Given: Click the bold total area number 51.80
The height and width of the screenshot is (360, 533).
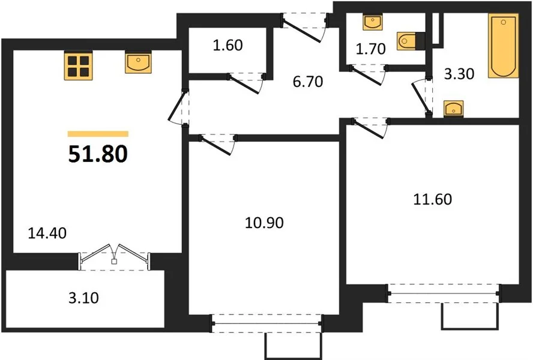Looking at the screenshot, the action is tap(98, 154).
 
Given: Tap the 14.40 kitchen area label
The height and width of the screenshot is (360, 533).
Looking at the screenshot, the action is tap(47, 233).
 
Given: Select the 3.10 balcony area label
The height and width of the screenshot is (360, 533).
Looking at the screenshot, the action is tap(83, 298).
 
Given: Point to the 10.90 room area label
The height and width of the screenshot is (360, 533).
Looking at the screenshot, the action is tap(264, 223).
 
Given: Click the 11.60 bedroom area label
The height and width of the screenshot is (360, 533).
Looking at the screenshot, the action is tap(432, 199).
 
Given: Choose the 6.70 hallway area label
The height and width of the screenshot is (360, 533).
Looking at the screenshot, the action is tap(308, 82).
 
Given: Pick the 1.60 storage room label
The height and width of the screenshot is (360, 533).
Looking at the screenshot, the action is tap(227, 45).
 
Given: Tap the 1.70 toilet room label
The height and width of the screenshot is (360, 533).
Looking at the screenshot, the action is tap(370, 49).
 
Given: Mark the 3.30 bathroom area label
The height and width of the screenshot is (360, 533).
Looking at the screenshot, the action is tap(459, 74).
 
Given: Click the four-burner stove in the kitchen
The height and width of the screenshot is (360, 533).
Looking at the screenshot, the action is tap(79, 65).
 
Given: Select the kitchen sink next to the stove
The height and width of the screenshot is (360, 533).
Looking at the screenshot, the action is tap(138, 62).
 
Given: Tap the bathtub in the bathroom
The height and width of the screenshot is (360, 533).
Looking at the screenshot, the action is tap(504, 46).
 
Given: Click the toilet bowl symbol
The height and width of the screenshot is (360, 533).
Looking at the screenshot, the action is tap(406, 41).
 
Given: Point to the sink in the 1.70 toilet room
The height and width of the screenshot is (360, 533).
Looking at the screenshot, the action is tap(373, 22).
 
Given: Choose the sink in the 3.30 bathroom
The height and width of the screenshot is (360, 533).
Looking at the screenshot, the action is tap(453, 109).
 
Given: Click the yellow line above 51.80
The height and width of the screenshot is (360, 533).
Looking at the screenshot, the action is tap(98, 134).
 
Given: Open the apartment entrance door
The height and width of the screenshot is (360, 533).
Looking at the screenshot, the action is tap(304, 27).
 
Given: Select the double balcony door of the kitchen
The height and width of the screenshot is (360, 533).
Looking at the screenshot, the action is tap(114, 257).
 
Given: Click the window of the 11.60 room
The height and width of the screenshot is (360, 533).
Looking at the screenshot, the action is tap(444, 293).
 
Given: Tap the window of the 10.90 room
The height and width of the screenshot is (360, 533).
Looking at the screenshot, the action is tap(267, 323).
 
